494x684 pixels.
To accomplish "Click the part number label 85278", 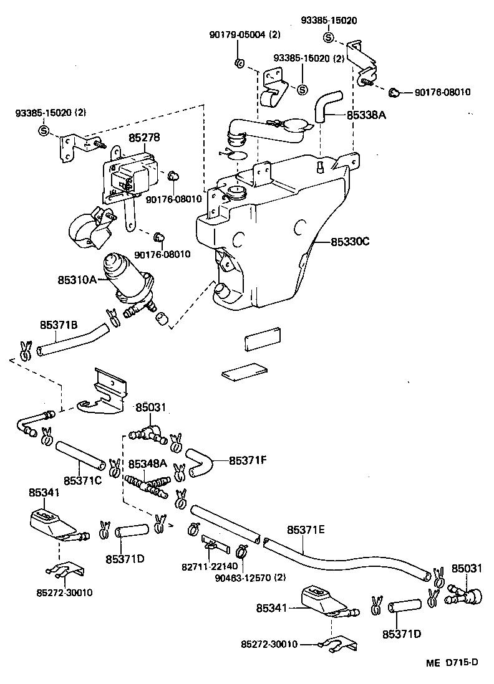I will tap(144, 138).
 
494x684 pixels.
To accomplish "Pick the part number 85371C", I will tap(82, 482).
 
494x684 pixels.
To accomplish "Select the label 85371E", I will tap(306, 530).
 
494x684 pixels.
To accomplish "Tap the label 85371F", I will tap(248, 460).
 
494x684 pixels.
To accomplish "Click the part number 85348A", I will tap(147, 464).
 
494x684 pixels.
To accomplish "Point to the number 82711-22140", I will tap(206, 567).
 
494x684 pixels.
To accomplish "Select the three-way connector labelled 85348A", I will tap(147, 483).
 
